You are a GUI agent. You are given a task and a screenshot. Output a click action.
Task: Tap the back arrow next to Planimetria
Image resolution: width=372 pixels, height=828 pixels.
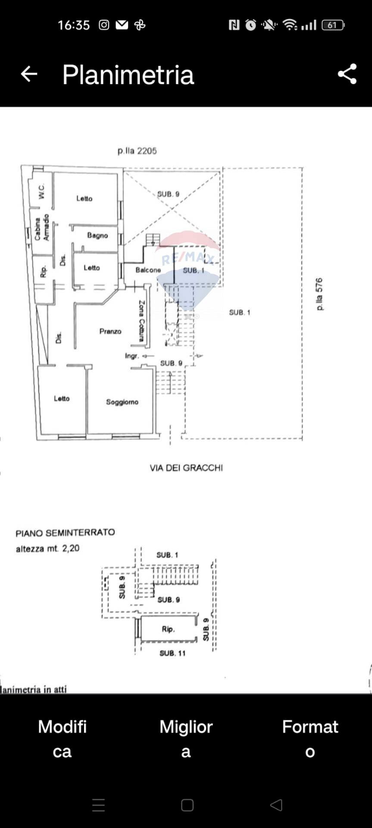(x=29, y=74)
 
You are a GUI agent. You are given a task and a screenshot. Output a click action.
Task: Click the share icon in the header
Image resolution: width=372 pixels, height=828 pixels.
(x=347, y=74)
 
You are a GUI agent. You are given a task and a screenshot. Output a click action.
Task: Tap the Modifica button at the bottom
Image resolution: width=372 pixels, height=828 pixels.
(x=62, y=739)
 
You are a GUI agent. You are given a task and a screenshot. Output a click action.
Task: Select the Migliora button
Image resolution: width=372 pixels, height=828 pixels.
(x=186, y=739)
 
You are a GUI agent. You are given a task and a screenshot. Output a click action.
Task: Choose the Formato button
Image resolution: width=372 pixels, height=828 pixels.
(x=310, y=739)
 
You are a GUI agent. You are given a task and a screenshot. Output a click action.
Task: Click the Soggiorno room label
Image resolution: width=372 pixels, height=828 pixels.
(x=122, y=402)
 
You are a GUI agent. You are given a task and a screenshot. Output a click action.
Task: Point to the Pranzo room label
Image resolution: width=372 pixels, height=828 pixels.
(x=110, y=331)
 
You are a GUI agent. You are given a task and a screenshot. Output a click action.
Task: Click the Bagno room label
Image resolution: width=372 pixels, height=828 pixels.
(x=97, y=235)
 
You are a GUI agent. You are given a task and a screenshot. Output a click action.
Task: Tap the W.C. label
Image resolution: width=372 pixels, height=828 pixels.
(x=41, y=191)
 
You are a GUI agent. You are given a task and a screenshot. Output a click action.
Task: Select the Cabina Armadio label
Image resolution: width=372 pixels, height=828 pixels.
(x=42, y=228)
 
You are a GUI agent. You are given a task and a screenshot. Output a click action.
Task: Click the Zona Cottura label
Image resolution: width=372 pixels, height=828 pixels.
(x=141, y=321)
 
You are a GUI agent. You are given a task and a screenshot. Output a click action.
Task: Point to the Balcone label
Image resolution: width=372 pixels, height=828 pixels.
(x=148, y=270)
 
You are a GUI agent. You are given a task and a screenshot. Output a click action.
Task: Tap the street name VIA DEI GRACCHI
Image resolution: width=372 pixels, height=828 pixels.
(x=186, y=468)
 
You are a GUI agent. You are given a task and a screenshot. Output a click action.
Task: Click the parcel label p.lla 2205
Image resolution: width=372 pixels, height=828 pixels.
(x=137, y=151)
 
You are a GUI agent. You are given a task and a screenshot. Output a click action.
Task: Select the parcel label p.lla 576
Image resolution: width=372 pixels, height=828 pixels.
(x=319, y=294)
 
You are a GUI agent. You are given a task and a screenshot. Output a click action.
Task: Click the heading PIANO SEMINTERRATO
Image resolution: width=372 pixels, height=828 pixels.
(x=65, y=533)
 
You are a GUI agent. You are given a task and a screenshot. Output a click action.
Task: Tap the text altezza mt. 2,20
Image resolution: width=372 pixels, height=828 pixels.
(x=47, y=549)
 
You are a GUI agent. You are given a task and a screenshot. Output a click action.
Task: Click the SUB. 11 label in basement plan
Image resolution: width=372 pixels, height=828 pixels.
(x=172, y=653)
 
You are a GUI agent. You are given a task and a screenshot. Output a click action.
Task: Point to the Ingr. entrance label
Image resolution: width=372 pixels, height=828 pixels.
(x=132, y=356)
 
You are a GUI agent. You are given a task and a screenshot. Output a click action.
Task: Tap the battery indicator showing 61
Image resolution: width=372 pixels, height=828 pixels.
(x=332, y=25)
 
